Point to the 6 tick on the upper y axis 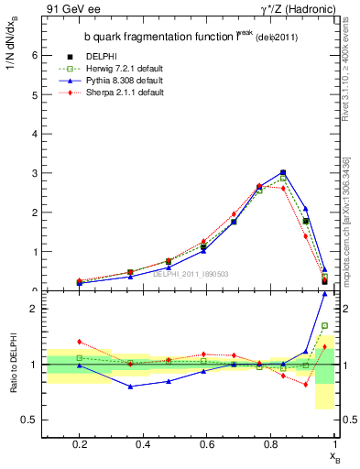(x=33, y=55)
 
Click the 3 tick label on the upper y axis (x=33, y=173)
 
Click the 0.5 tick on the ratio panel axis (x=29, y=420)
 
